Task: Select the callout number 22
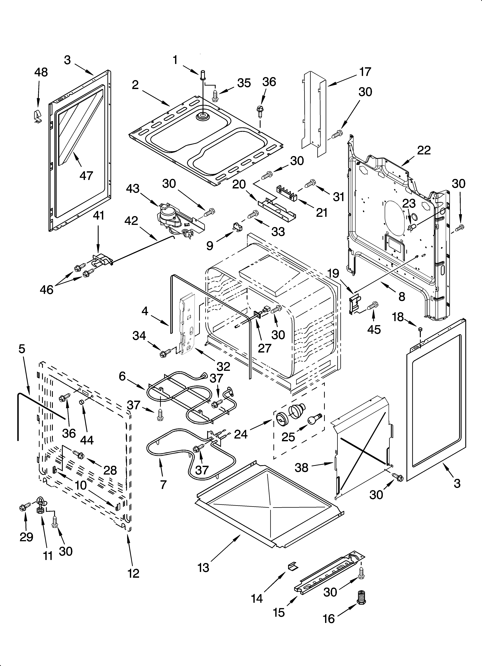point(424,150)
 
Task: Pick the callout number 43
point(133,189)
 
